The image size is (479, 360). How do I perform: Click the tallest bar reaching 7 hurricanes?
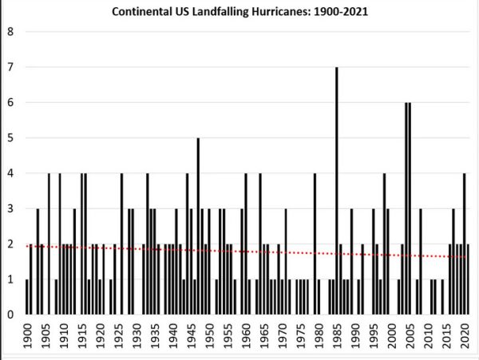click(336, 192)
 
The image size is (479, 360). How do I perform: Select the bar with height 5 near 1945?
click(198, 227)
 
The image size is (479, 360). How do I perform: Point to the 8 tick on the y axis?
click(10, 32)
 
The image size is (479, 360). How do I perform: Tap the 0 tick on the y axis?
click(10, 315)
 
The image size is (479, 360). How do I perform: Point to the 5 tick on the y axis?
click(10, 138)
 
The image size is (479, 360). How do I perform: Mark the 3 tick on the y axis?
click(10, 208)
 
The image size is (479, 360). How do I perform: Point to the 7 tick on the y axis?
click(10, 67)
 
